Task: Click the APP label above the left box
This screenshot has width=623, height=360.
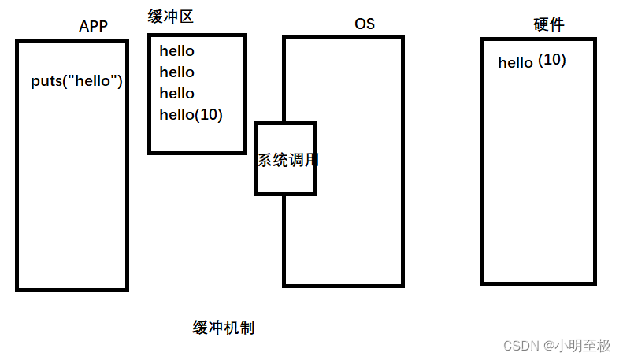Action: (93, 26)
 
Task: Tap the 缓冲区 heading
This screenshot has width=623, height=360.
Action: (170, 16)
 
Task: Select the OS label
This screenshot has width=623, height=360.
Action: (364, 24)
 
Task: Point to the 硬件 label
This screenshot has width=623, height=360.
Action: (548, 24)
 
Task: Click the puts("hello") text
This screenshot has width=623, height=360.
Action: (76, 81)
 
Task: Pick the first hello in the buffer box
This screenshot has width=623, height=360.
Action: (176, 51)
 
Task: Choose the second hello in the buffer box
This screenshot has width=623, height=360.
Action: (176, 72)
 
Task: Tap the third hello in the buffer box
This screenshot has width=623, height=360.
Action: (176, 94)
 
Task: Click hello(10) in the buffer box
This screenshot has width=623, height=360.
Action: (191, 115)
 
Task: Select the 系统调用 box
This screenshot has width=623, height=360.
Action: (285, 159)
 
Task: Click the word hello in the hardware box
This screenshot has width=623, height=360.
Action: (515, 62)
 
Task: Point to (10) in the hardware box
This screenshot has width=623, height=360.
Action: (551, 60)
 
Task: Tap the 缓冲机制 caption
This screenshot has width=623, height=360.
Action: (223, 328)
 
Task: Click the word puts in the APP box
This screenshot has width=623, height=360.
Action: (45, 82)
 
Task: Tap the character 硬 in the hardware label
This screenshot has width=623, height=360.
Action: (540, 24)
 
